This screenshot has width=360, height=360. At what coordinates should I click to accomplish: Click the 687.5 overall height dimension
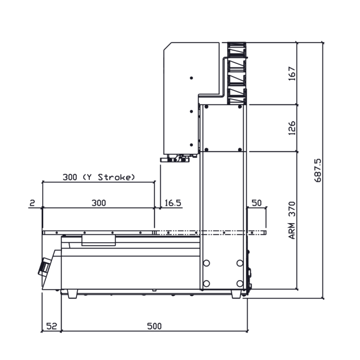(x=318, y=170)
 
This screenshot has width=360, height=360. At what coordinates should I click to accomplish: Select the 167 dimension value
(x=292, y=74)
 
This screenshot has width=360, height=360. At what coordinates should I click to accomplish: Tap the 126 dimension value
(x=292, y=128)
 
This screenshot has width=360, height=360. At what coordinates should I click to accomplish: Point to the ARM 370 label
(x=292, y=221)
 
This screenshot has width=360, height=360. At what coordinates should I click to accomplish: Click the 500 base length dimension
(x=154, y=326)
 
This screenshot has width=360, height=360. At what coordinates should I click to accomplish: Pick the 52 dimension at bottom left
(x=52, y=326)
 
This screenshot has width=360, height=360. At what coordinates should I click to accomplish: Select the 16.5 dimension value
(x=173, y=203)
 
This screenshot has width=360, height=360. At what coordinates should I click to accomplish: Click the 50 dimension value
(x=256, y=203)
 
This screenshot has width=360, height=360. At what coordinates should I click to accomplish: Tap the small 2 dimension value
(x=32, y=203)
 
